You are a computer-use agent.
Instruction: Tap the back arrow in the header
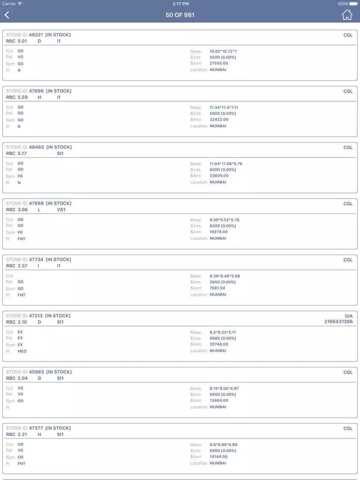click(7, 15)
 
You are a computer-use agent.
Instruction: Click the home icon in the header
click(347, 15)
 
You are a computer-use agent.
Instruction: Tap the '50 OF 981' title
click(180, 15)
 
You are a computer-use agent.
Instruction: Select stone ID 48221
click(36, 35)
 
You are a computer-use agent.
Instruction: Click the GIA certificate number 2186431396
click(338, 322)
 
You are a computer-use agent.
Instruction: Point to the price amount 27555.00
click(219, 63)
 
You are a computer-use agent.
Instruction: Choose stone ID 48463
click(36, 147)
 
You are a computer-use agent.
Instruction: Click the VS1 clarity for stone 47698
click(61, 210)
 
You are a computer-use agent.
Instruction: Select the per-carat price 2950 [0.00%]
click(223, 282)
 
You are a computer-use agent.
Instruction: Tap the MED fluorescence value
click(22, 351)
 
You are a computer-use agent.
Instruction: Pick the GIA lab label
click(349, 316)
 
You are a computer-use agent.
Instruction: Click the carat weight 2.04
click(23, 378)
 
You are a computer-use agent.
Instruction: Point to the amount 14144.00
click(219, 457)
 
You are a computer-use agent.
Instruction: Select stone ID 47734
click(36, 259)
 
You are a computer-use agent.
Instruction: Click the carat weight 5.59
click(23, 97)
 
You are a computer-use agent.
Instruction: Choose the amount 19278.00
click(219, 232)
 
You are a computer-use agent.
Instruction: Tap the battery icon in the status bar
click(354, 4)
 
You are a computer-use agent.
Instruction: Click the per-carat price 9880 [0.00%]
click(223, 338)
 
